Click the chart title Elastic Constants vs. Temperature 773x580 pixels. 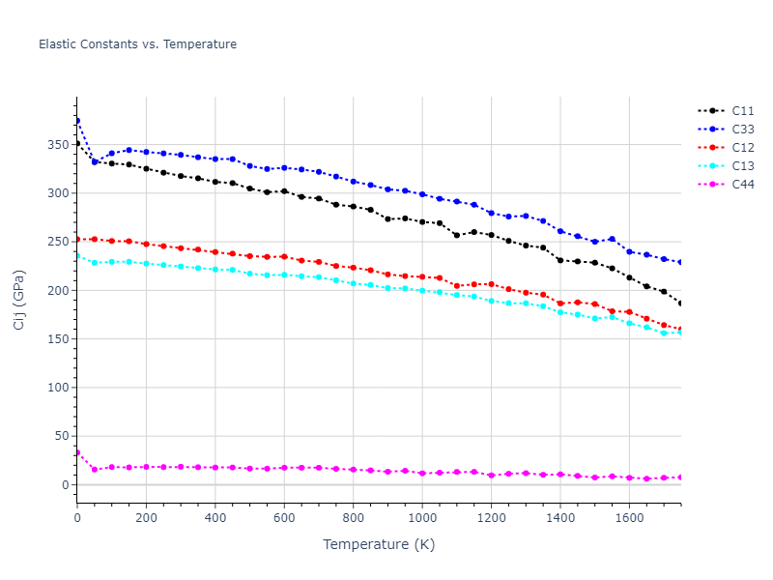point(137,44)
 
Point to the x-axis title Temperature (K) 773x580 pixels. point(379,545)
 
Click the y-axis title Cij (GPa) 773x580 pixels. point(19,300)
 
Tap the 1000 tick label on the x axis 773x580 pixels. point(422,518)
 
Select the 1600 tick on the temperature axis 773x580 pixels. point(629,518)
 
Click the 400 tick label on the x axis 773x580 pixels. point(215,518)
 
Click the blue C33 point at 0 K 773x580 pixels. point(77,121)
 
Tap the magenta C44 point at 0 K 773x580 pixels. point(77,452)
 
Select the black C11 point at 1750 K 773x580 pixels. point(681,304)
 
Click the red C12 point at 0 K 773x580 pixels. point(77,239)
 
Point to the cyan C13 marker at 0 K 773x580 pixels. point(77,256)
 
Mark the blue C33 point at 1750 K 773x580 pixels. point(681,262)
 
